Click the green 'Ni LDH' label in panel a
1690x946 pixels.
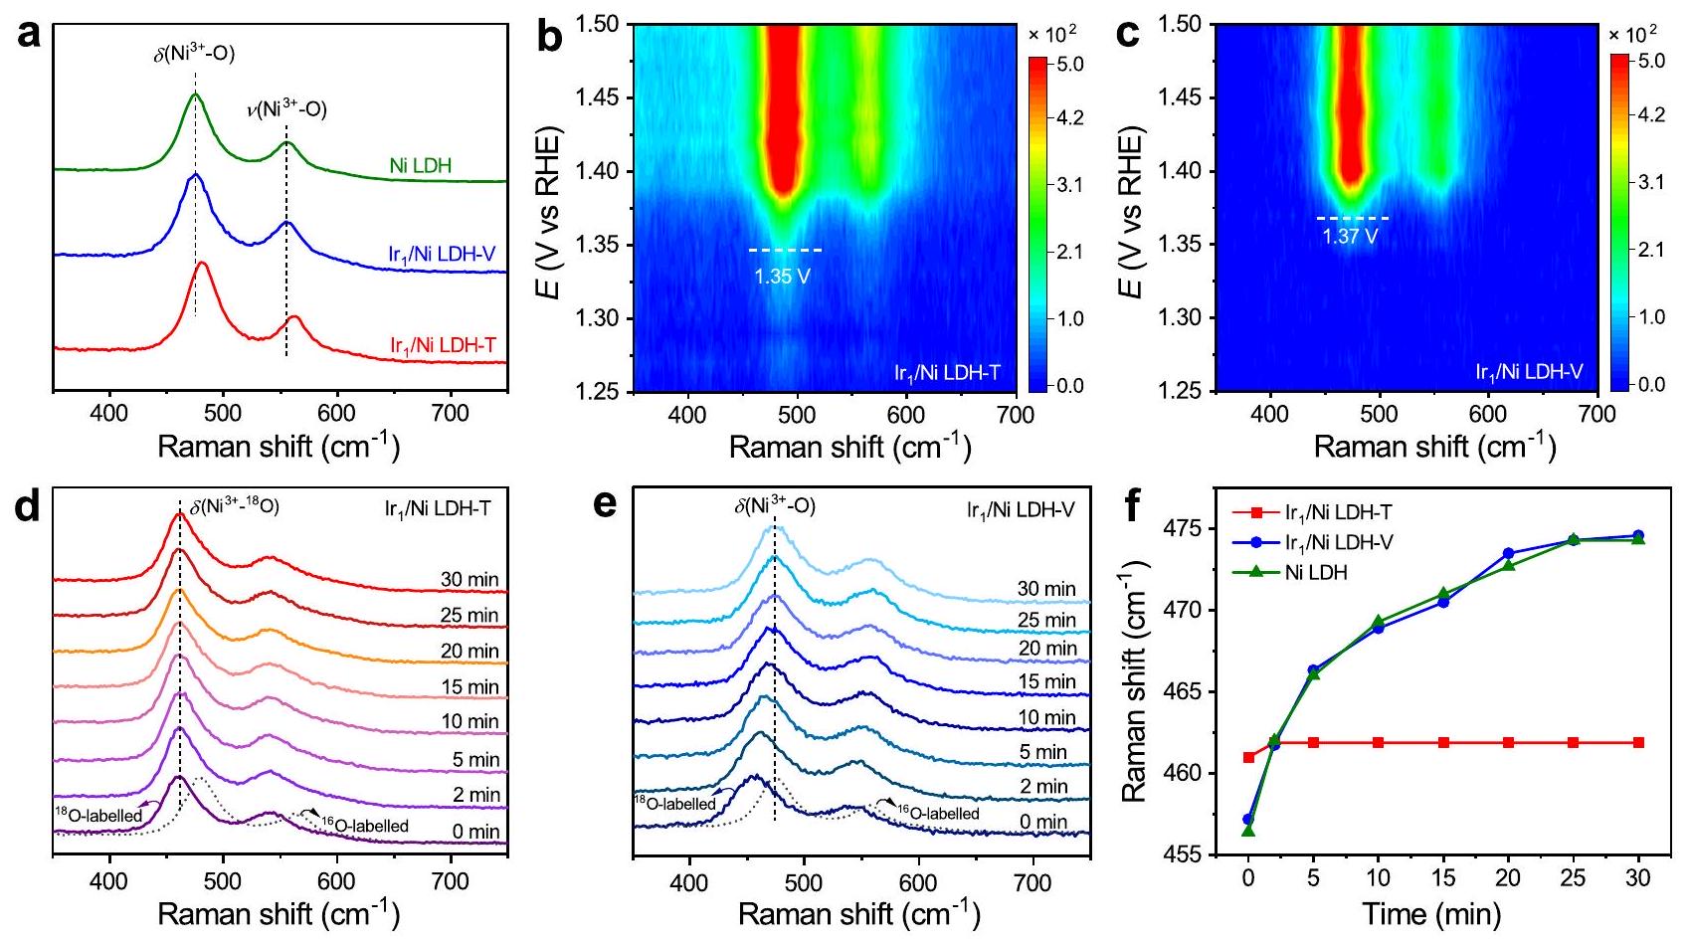click(420, 165)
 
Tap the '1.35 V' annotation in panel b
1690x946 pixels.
click(782, 276)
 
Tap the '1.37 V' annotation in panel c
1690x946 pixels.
click(1350, 237)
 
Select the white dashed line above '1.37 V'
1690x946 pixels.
click(1352, 218)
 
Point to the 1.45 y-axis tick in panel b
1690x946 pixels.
click(602, 97)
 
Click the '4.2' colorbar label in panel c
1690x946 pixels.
click(1650, 115)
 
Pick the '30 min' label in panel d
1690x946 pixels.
click(469, 580)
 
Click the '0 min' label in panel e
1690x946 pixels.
click(1042, 823)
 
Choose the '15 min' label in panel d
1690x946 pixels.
click(469, 687)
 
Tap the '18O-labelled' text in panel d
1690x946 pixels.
click(98, 816)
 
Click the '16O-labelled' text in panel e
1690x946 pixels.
click(938, 813)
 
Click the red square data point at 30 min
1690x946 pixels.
click(1637, 742)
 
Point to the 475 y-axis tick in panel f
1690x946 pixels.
click(1183, 527)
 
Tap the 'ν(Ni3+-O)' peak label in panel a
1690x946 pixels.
click(286, 109)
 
